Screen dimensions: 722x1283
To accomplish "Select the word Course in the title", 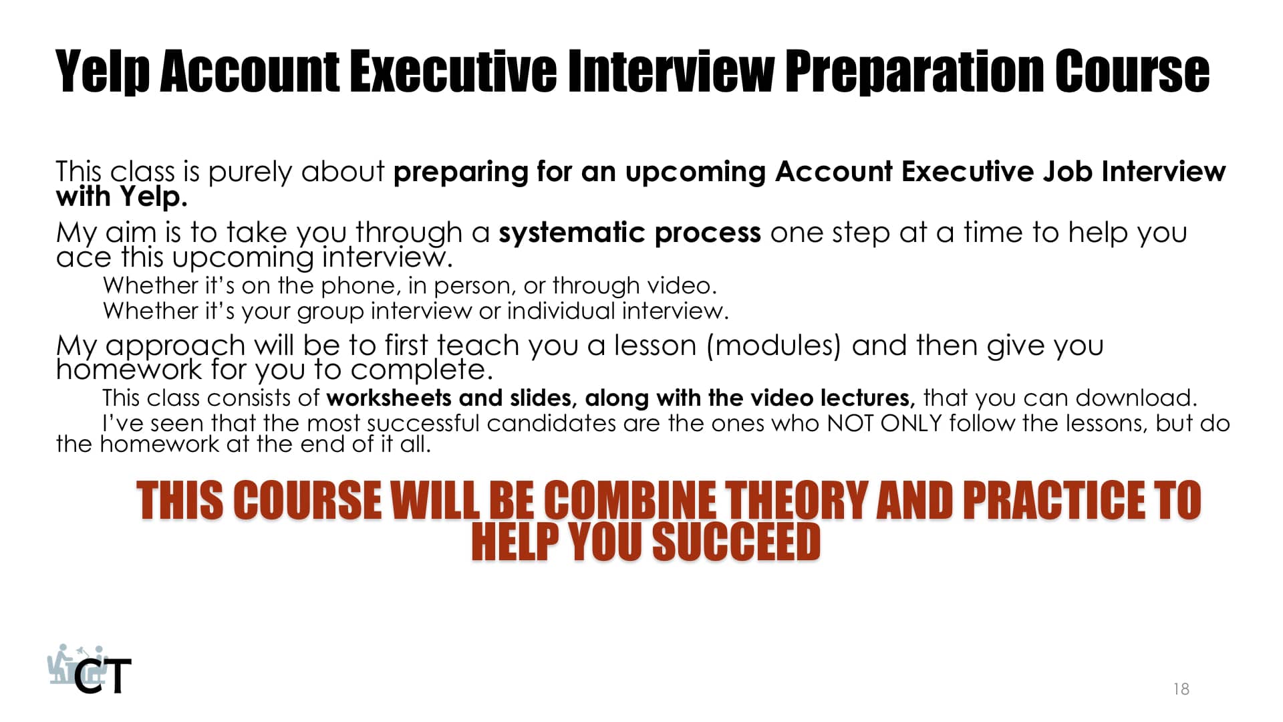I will [x=1132, y=72].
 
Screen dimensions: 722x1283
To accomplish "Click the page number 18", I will [x=1181, y=689].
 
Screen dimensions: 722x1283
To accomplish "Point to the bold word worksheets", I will [x=389, y=398].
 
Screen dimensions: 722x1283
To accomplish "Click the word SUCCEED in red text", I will [x=736, y=541].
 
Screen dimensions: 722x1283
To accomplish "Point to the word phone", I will [x=360, y=286].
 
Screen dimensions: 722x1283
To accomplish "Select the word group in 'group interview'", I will [x=330, y=312].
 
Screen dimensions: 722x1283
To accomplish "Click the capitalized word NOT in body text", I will [x=850, y=423].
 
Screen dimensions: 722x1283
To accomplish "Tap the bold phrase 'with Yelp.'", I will [x=122, y=197].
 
